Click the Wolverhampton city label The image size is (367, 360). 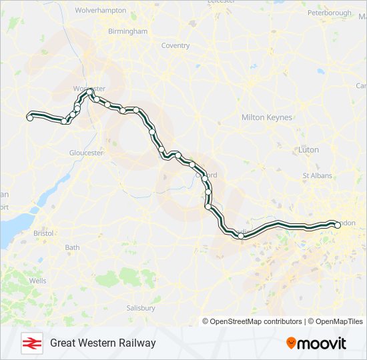point(100,11)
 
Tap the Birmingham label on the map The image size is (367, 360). point(127,31)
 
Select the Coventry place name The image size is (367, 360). point(175,46)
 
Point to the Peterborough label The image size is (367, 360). point(329,13)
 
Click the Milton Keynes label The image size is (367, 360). point(267,117)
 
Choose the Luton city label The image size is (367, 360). point(309,150)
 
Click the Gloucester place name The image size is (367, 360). point(87,153)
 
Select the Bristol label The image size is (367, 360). point(43,233)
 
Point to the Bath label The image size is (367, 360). point(72,247)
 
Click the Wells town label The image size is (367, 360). point(38,281)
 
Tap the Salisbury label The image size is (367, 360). point(141,308)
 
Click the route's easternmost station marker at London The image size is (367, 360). point(337,225)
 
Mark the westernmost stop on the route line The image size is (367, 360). point(29,117)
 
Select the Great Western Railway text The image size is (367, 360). point(103,343)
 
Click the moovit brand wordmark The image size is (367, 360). point(322,343)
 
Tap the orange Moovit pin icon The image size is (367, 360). point(291,343)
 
